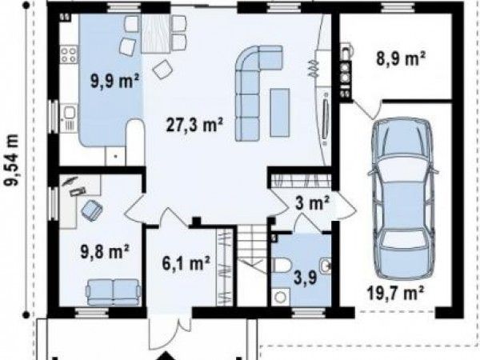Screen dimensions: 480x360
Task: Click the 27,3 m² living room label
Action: (x=194, y=125)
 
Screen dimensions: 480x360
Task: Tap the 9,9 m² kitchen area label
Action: (x=114, y=81)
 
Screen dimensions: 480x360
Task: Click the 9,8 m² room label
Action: (x=104, y=252)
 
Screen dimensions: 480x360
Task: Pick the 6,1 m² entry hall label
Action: (x=186, y=263)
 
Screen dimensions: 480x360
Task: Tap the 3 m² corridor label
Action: (x=312, y=203)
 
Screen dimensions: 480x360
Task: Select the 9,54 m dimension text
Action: (x=12, y=159)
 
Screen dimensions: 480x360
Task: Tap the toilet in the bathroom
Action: (x=281, y=265)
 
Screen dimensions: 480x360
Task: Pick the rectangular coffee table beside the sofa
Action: (x=279, y=112)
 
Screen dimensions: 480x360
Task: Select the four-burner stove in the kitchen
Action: (x=68, y=54)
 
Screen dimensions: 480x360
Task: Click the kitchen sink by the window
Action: (x=69, y=113)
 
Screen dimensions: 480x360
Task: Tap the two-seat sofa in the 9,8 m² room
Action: (x=114, y=292)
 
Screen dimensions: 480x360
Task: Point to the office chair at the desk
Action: (x=92, y=210)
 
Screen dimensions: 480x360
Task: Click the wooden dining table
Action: (x=156, y=34)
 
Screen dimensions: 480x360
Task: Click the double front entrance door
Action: (x=170, y=331)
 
